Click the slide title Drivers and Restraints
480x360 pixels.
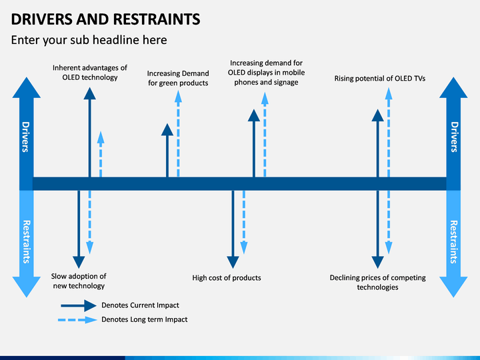coord(105,19)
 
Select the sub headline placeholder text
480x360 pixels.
coord(89,40)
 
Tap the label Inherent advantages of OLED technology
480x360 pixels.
coord(90,73)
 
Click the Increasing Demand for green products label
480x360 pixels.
coord(178,78)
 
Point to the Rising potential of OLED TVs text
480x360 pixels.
coord(380,79)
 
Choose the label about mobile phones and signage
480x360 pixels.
coord(266,73)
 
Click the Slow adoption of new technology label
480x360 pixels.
coord(79,281)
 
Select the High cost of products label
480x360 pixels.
coord(227,278)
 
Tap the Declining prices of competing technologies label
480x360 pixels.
coord(378,282)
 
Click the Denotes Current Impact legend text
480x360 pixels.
coord(140,305)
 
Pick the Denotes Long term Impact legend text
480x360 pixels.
coord(145,319)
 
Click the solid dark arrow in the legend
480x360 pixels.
coord(79,305)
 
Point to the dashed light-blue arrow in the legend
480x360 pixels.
coord(78,320)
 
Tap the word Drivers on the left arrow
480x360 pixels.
coord(26,137)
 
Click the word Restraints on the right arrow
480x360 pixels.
coord(454,242)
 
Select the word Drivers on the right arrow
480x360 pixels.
coord(454,137)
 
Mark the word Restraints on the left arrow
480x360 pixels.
coord(27,242)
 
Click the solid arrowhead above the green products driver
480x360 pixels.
coord(167,130)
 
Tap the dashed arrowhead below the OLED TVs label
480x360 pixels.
coord(389,94)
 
